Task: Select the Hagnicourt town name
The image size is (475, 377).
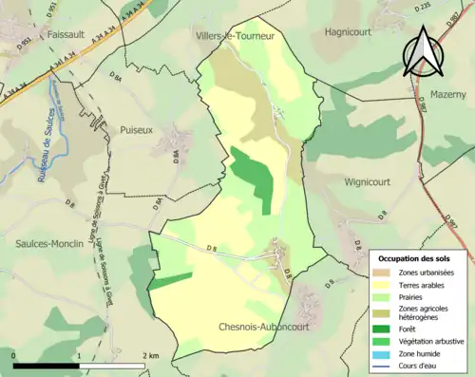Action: (352, 31)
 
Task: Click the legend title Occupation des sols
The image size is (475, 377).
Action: (419, 258)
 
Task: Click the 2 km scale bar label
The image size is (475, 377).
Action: (151, 355)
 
